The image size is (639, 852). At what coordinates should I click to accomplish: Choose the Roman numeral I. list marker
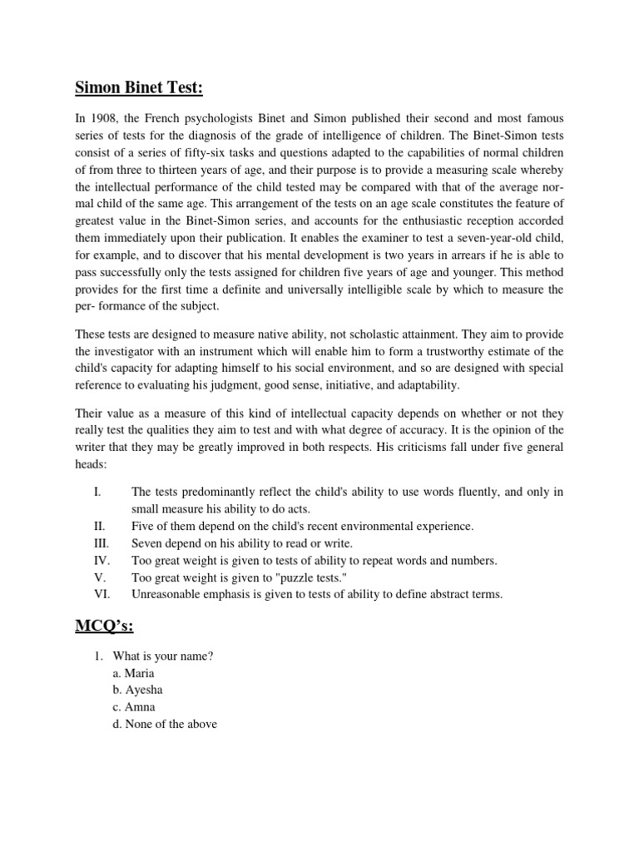pyautogui.click(x=97, y=493)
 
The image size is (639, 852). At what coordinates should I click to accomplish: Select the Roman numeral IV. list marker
pyautogui.click(x=101, y=559)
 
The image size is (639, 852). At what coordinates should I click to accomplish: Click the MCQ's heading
pyautogui.click(x=104, y=626)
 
